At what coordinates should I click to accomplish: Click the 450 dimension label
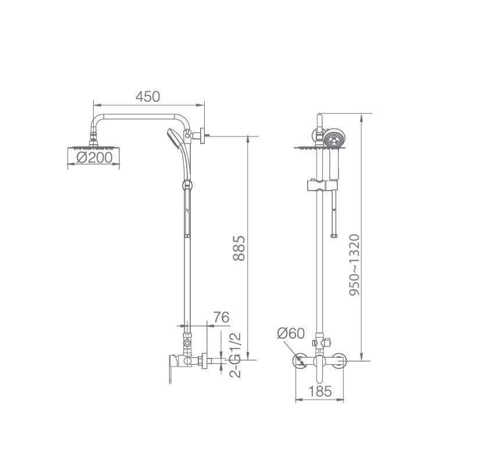[x=148, y=96]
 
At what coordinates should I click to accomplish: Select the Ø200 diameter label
[x=94, y=158]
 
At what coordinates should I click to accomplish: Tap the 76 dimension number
[x=221, y=317]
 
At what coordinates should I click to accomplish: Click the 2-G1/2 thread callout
[x=235, y=355]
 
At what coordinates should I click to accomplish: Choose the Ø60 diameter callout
[x=291, y=333]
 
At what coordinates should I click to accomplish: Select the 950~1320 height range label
[x=354, y=266]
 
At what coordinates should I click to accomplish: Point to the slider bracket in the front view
[x=319, y=186]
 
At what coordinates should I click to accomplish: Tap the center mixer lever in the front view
[x=319, y=361]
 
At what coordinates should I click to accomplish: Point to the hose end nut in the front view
[x=333, y=236]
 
